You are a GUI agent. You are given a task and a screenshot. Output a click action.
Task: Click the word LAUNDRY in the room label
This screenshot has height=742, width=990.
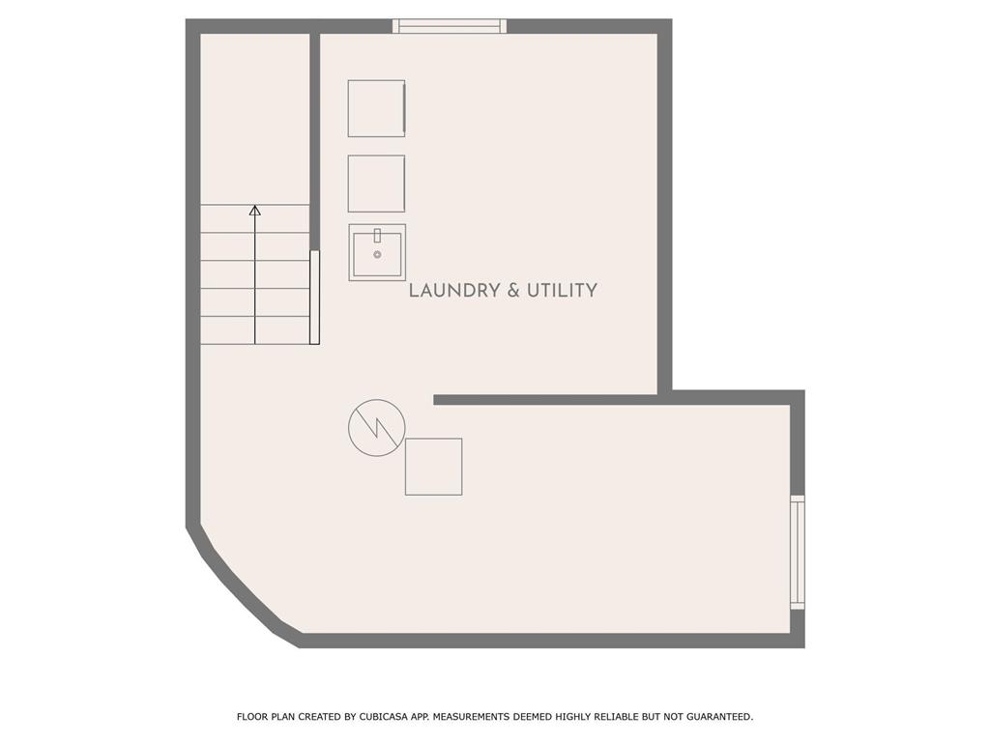coord(454,290)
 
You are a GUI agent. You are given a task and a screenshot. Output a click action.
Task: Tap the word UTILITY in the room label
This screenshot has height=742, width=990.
coord(562,290)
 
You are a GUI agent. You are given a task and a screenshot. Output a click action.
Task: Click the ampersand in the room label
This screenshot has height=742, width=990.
coord(513,290)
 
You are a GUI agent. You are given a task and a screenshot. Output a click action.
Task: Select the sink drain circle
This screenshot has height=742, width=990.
coord(378,255)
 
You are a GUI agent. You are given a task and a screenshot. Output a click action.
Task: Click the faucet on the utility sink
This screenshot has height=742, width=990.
coord(378,236)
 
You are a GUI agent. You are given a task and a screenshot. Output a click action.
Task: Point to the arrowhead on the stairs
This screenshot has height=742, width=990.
coord(255,210)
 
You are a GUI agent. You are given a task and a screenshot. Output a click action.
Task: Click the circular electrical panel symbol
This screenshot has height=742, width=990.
coord(377,427)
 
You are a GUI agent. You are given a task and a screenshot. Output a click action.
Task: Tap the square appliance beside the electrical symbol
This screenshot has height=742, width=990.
coord(434,467)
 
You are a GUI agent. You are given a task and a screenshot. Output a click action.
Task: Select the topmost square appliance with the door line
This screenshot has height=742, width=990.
coord(376,108)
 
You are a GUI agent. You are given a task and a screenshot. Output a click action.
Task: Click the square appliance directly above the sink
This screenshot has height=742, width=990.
coord(376,184)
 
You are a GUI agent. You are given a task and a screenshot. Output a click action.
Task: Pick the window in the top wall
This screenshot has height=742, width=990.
coord(450,26)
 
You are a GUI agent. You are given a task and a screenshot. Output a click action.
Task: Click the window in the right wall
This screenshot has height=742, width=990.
coord(798,553)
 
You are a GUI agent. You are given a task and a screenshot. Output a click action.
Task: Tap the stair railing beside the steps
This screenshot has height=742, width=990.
coord(314,298)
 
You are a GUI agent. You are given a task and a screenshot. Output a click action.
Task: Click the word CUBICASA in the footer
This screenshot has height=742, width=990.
coord(384,717)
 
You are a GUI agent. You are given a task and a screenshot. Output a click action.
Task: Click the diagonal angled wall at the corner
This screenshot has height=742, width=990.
coord(243,586)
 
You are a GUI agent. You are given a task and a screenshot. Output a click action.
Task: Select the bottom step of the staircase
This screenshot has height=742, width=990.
coord(255,330)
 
